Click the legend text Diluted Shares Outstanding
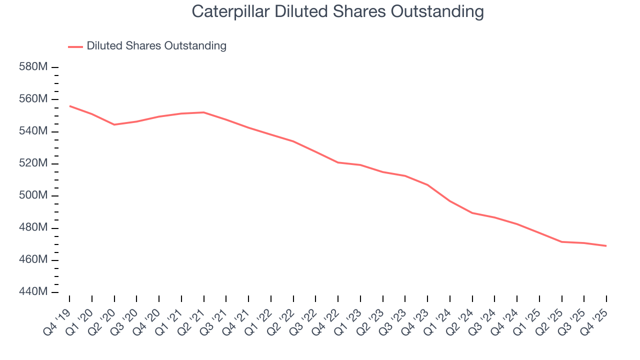tap(156, 46)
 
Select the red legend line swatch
tap(75, 46)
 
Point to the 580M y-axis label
tap(32, 67)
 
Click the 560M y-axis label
tap(32, 99)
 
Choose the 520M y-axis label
tap(32, 163)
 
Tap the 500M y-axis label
tap(32, 195)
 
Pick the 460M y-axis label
tap(32, 260)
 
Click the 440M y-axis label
tap(32, 292)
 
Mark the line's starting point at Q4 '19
tap(69, 105)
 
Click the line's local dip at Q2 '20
tap(114, 124)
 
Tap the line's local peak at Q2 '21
tap(204, 112)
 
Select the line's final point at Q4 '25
tap(606, 245)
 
